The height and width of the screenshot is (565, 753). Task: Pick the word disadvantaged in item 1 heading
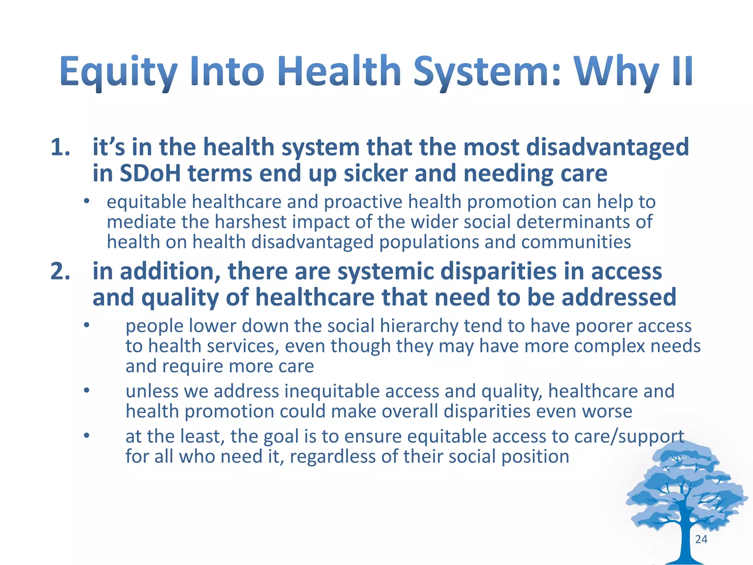click(x=607, y=147)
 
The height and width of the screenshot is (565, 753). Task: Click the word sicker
click(x=375, y=173)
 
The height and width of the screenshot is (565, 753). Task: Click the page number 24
click(x=701, y=539)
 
